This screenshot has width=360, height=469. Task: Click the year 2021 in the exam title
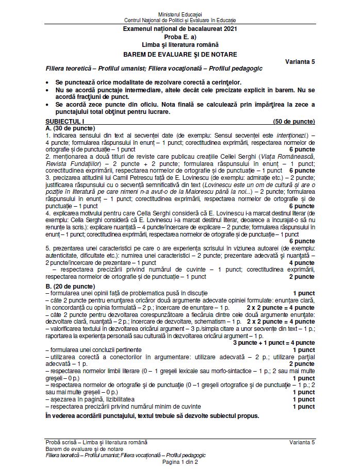click(227, 31)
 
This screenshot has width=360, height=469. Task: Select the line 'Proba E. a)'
click(180, 39)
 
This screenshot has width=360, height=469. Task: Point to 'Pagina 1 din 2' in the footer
click(180, 462)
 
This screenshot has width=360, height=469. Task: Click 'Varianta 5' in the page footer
click(302, 442)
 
